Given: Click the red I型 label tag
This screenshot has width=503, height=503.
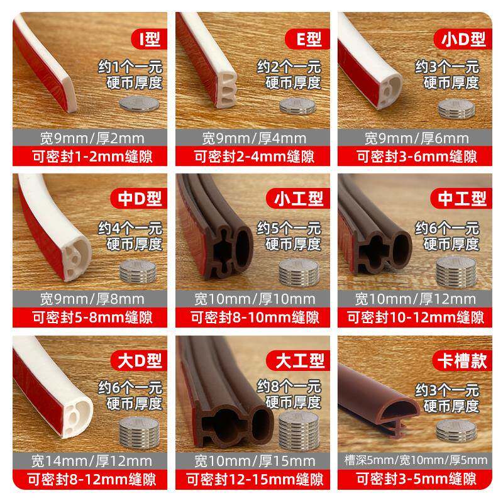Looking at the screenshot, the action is [x=150, y=39].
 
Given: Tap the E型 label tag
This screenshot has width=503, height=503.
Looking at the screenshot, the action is [x=307, y=39].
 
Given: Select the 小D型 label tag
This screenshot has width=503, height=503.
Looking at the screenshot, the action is [x=463, y=39].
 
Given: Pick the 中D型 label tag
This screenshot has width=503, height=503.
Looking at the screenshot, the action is [x=139, y=199].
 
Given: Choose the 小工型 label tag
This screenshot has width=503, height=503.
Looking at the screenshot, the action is [x=298, y=199].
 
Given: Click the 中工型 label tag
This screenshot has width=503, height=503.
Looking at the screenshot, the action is [x=462, y=199].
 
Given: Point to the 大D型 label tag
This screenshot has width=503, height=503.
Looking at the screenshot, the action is [x=139, y=360].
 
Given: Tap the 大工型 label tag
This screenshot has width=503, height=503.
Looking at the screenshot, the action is [x=298, y=360].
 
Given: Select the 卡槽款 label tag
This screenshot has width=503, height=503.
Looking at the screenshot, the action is [x=462, y=360].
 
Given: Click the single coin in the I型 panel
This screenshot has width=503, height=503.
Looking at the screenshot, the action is [x=139, y=104].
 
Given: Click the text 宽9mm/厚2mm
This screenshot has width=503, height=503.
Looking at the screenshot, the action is [x=92, y=138].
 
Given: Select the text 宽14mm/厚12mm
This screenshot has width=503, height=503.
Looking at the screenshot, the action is [x=92, y=462].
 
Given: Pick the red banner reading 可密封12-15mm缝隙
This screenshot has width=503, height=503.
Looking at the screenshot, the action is [x=253, y=480].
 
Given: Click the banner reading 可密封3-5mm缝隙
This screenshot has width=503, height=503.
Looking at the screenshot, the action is [x=415, y=479].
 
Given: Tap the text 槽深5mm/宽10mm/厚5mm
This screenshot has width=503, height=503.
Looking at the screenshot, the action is [x=416, y=460].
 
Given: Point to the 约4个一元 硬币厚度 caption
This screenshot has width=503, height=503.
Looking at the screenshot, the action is [x=131, y=236].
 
